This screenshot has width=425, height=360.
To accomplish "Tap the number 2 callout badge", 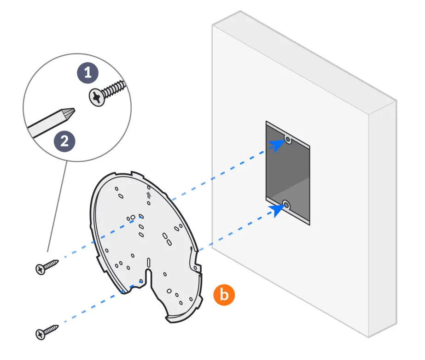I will (64, 140).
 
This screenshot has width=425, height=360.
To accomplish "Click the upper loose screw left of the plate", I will (47, 267).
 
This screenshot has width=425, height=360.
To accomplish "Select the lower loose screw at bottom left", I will (47, 331).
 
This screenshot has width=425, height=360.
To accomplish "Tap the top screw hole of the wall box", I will (288, 139).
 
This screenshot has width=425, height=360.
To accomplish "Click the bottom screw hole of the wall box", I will (286, 204).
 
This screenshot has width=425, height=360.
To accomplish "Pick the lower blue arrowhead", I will (278, 210).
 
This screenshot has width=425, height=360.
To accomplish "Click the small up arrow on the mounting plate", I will (148, 195).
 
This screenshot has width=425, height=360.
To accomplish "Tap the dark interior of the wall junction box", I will (288, 171).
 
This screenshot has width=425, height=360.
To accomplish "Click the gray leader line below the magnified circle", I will (58, 207).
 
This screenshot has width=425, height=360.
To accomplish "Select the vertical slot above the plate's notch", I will (148, 262).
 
